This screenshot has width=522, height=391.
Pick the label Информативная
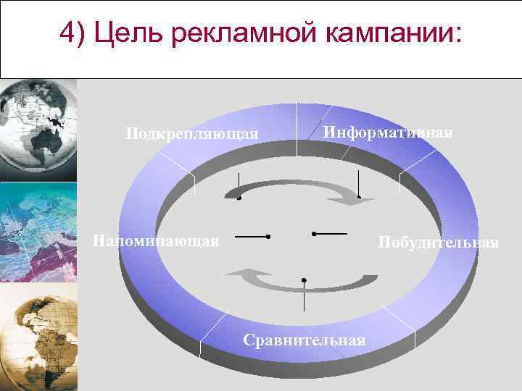tap(388, 133)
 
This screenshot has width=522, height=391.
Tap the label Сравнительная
tap(304, 340)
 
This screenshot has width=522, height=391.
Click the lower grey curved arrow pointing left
tap(254, 277)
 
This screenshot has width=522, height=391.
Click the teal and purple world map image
tap(38, 232)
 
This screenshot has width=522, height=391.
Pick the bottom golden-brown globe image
tap(38, 333)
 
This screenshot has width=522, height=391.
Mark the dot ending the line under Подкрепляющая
tap(239, 198)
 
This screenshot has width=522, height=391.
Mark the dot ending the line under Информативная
tap(359, 197)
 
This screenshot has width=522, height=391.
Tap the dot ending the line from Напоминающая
tap(268, 237)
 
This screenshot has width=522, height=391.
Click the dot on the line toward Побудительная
tap(313, 233)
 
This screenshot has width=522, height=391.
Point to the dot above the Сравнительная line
tap(304, 279)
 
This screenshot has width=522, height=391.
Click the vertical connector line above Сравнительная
tap(304, 297)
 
